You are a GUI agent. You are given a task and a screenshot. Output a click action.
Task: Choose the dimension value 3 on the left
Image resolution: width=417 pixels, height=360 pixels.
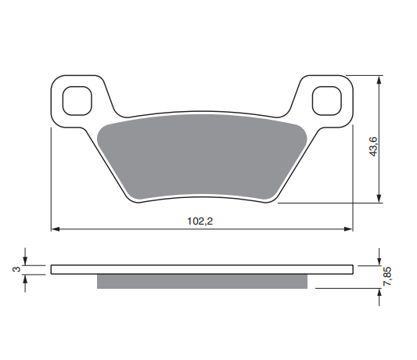click(14, 269)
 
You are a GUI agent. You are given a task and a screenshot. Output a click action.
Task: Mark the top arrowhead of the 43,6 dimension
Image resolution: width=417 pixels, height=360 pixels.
click(379, 79)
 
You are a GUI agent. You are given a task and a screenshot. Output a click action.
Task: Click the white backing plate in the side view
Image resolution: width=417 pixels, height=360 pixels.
click(202, 269)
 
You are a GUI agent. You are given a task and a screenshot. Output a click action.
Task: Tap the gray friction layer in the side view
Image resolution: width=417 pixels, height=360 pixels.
click(202, 281)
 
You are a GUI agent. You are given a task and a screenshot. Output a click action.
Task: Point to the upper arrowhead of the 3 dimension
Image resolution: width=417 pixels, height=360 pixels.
click(27, 261)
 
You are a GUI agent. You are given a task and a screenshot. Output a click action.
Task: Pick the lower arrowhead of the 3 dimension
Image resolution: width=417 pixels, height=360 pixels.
click(27, 278)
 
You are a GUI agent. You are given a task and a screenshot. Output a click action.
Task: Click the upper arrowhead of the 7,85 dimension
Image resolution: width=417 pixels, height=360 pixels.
click(379, 261)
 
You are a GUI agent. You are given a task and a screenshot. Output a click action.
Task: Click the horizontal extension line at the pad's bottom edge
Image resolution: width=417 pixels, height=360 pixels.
click(329, 203)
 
